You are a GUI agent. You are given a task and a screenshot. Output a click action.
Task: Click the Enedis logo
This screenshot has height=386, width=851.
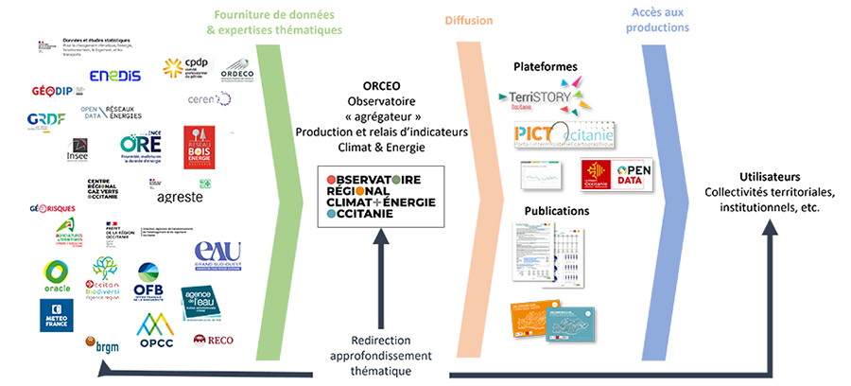pyautogui.click(x=115, y=75)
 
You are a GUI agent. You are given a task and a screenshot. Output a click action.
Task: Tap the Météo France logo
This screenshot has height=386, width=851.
pyautogui.click(x=56, y=314)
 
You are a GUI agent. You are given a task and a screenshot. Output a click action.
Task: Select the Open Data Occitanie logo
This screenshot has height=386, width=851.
pyautogui.click(x=619, y=175)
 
